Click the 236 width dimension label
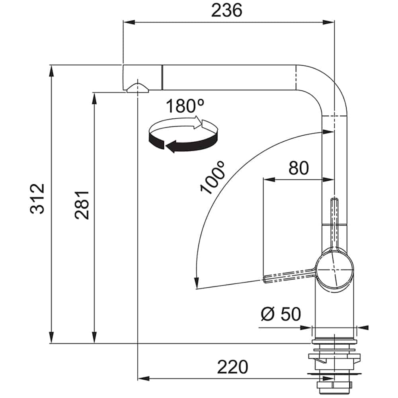point(227,11)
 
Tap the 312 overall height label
point(37,199)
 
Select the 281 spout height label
point(82,205)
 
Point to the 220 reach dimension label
point(232,367)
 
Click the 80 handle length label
point(299,168)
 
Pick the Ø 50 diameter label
point(281,314)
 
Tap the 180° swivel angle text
point(185,106)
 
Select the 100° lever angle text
point(213,177)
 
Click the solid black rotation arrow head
point(171,146)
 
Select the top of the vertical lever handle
point(334,200)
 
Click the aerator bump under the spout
point(137,88)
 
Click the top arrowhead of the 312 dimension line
point(51,70)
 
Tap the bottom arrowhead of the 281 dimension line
point(94,338)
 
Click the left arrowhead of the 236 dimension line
point(129,22)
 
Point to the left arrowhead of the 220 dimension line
point(143,378)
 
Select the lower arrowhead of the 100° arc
point(196,283)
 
